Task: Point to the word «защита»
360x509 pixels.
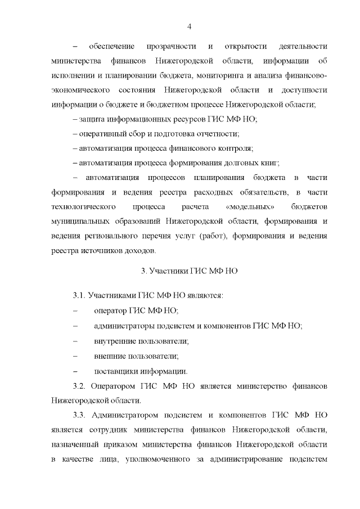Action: tap(93, 119)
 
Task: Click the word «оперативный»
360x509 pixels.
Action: tap(102, 134)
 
